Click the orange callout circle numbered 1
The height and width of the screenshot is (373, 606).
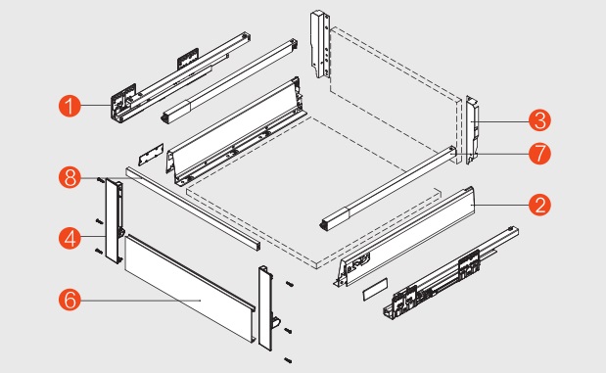click(70, 106)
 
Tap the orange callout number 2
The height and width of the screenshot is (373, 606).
click(539, 205)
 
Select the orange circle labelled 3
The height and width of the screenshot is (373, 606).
click(539, 120)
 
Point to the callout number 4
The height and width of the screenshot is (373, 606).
click(70, 238)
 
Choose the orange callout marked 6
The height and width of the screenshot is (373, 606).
click(70, 300)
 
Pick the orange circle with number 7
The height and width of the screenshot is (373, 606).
click(539, 153)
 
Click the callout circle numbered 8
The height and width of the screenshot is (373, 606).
click(70, 178)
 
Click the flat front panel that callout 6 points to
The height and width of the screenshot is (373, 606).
click(189, 288)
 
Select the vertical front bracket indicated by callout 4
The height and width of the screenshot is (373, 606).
click(115, 220)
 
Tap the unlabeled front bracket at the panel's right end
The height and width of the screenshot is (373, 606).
click(266, 308)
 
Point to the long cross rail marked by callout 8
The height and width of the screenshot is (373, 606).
click(193, 208)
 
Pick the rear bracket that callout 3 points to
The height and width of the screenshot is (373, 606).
click(472, 130)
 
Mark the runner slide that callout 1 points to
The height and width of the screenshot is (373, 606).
click(180, 78)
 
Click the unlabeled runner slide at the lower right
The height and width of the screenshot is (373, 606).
click(451, 273)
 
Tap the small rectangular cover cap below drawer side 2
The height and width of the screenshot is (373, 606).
click(375, 289)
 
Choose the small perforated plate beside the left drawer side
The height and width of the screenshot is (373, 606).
click(151, 155)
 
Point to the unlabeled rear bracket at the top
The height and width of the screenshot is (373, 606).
click(320, 44)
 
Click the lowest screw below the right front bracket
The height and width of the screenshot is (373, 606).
click(288, 360)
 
